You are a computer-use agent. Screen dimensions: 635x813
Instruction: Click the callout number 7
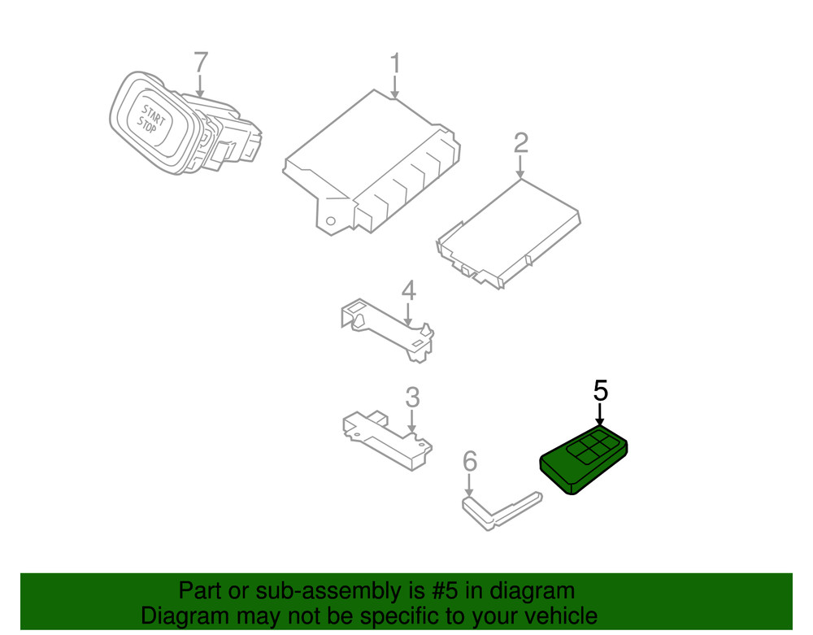point(200,63)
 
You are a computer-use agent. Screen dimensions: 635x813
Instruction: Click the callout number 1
point(394,63)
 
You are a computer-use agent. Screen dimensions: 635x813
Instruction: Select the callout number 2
point(520,143)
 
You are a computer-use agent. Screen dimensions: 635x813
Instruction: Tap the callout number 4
point(408,289)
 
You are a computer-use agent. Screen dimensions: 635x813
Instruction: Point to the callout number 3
point(412,398)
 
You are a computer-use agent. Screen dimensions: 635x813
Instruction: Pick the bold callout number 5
point(600,390)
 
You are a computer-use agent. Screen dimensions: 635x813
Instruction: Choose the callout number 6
point(469,462)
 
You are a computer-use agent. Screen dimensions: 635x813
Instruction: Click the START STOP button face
point(151,120)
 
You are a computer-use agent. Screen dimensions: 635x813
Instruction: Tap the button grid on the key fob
point(592,450)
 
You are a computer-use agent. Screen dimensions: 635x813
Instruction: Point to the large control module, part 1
point(374,163)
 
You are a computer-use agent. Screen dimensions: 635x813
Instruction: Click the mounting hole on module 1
point(330,222)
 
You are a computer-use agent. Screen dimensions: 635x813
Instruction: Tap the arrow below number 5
point(600,414)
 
